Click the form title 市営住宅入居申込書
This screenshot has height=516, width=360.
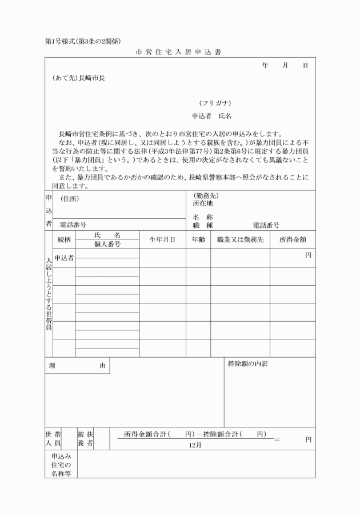(179, 52)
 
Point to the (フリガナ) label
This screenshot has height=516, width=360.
(215, 103)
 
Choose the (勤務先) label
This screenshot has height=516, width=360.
(206, 195)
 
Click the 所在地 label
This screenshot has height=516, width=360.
(203, 203)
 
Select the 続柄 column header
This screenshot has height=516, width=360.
(64, 240)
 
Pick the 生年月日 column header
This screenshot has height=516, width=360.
(162, 240)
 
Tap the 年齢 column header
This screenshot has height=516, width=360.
(198, 240)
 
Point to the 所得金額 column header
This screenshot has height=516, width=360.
(293, 240)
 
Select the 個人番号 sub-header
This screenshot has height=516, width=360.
(107, 244)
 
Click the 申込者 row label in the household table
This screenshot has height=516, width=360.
(64, 258)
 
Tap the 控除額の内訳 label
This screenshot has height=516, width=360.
(247, 363)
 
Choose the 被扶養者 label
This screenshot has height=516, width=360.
(85, 439)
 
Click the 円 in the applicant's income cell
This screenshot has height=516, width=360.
(308, 255)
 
